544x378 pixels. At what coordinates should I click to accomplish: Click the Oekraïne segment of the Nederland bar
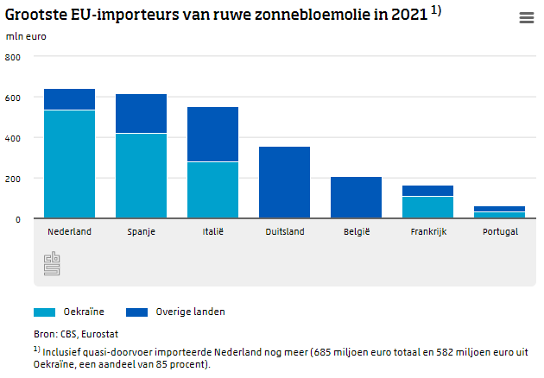click(69, 164)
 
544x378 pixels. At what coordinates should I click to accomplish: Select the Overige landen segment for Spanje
click(141, 114)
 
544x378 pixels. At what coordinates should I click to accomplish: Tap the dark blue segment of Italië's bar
click(212, 135)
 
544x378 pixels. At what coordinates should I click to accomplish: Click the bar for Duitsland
click(284, 183)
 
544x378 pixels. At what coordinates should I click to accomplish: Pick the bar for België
click(356, 198)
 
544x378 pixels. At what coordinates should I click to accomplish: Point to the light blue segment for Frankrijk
click(427, 207)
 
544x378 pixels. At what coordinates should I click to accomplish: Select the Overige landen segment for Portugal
click(499, 209)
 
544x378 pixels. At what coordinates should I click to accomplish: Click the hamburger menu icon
click(526, 18)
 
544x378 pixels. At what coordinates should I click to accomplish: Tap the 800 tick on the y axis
click(13, 57)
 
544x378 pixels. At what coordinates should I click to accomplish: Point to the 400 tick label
click(13, 138)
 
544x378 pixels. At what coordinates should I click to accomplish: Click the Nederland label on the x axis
click(69, 232)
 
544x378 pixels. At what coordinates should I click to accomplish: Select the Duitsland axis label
click(284, 232)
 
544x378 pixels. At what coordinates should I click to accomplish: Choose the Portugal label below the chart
click(499, 232)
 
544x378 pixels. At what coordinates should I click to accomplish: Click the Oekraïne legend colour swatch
click(45, 312)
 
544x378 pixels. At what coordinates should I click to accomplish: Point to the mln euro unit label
click(27, 36)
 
